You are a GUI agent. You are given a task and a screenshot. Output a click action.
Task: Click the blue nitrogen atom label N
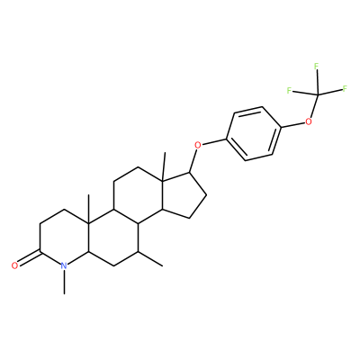[x=63, y=265]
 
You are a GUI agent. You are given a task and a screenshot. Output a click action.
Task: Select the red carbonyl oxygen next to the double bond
[x=14, y=265]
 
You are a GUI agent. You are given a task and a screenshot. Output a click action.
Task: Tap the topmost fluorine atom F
[x=316, y=66]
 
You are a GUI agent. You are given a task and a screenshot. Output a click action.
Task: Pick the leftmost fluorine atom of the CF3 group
[x=289, y=90]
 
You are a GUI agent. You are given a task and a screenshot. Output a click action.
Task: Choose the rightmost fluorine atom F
[x=345, y=88]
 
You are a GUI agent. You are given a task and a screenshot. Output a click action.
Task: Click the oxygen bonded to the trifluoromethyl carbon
[x=308, y=121]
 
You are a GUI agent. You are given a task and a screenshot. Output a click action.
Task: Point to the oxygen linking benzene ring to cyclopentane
[x=198, y=145]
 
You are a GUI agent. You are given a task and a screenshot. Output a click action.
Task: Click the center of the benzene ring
[x=253, y=133]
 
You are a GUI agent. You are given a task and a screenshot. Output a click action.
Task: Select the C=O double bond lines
[x=29, y=257]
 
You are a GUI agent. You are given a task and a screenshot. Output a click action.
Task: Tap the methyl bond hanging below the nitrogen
[x=64, y=282]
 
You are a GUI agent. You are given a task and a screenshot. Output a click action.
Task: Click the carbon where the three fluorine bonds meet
[x=317, y=95]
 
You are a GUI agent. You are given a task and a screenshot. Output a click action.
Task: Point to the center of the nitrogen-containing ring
[x=64, y=238]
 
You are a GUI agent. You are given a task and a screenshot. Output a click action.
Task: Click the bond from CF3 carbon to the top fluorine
[x=317, y=83]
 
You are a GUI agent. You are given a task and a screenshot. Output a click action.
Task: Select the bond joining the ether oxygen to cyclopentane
[x=193, y=161]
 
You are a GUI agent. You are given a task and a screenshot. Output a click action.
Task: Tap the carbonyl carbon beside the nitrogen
[x=40, y=251]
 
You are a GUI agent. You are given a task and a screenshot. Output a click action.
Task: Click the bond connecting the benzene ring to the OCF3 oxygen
[x=292, y=125]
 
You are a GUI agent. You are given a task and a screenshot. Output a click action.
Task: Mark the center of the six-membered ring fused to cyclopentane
[x=138, y=195]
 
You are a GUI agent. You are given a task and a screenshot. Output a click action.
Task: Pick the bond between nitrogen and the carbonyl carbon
[x=50, y=257]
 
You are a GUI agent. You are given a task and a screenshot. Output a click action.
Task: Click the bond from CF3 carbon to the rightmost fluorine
[x=329, y=92]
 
